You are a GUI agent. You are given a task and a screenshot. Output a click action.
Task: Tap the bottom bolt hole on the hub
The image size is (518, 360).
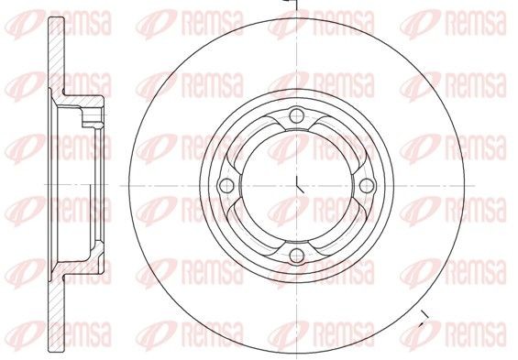[x=296, y=256]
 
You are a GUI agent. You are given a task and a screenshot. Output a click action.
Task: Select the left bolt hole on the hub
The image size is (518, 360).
[x=226, y=186]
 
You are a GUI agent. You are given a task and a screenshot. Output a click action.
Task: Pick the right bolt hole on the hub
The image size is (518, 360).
[x=367, y=186]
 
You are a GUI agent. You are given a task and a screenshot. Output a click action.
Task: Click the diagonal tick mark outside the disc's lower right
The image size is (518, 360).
[x=423, y=320]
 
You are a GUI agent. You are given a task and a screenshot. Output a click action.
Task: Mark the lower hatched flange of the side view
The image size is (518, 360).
[x=60, y=316]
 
